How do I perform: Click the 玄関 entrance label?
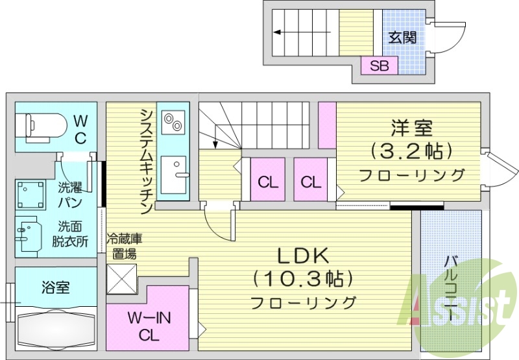click(402, 38)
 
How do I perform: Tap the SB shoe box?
click(379, 65)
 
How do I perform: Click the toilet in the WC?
click(41, 127)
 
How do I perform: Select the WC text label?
click(80, 130)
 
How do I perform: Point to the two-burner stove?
click(173, 122)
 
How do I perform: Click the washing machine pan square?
click(30, 195)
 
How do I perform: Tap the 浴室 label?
click(56, 287)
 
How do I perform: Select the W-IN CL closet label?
click(149, 327)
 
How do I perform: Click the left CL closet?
click(268, 179)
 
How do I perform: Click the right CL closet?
click(311, 179)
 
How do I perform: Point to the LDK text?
click(302, 256)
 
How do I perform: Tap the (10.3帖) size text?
click(302, 279)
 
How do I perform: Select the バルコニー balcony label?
click(452, 288)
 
